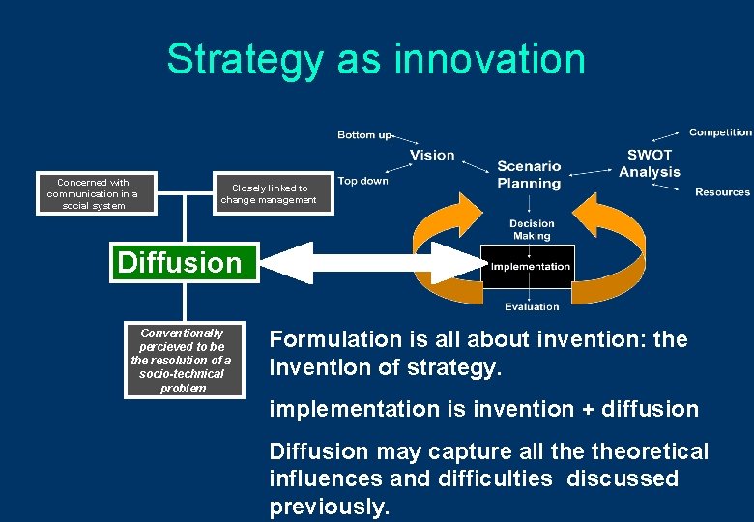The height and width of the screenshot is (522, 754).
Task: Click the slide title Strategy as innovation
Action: pyautogui.click(x=376, y=58)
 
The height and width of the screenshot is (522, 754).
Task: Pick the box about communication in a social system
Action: pyautogui.click(x=93, y=193)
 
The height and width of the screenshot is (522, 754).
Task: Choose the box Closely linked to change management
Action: pyautogui.click(x=269, y=194)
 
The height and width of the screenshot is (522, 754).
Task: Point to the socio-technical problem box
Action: pyautogui.click(x=183, y=360)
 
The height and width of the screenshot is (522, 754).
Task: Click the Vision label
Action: pyautogui.click(x=431, y=155)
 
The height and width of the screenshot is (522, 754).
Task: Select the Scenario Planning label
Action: pyautogui.click(x=529, y=175)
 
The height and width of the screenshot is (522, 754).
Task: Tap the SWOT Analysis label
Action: pyautogui.click(x=650, y=163)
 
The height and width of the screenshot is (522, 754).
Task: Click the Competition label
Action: pyautogui.click(x=720, y=132)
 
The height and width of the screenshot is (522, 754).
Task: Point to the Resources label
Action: pyautogui.click(x=722, y=192)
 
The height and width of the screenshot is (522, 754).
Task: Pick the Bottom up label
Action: pyautogui.click(x=364, y=134)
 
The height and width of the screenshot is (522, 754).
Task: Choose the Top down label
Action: pyautogui.click(x=363, y=181)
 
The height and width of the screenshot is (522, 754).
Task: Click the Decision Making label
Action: pyautogui.click(x=532, y=229)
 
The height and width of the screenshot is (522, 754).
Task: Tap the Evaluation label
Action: pyautogui.click(x=532, y=306)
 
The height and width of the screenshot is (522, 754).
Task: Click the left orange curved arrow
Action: pyautogui.click(x=441, y=242)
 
